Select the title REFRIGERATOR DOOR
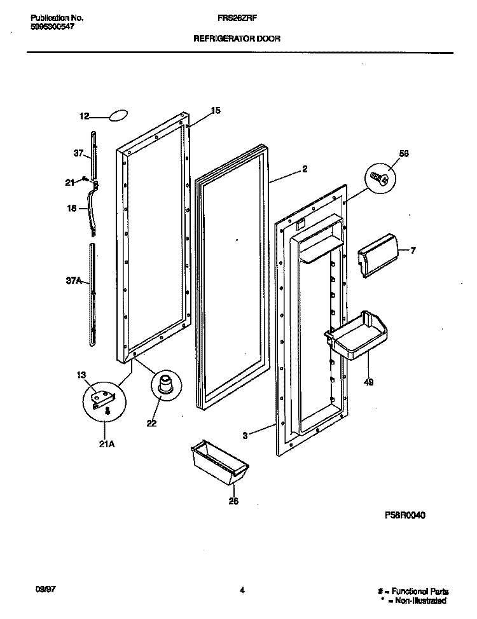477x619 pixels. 237,38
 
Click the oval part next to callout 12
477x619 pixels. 118,116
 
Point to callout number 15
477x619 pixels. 216,111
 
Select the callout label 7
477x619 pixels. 413,250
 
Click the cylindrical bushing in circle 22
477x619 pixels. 165,386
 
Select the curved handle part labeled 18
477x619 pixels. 95,207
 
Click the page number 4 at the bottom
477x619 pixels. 242,591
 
